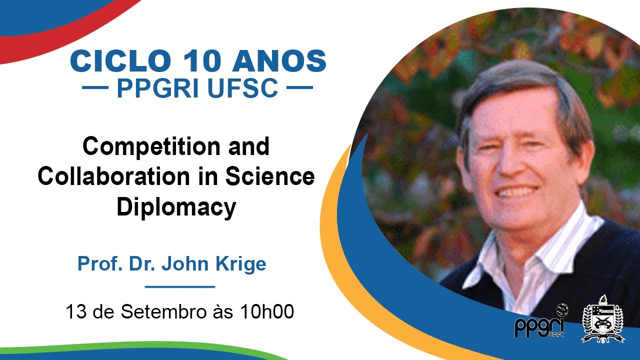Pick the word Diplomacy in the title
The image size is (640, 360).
(x=176, y=207)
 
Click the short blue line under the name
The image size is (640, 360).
(x=179, y=287)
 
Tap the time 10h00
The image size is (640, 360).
(x=266, y=312)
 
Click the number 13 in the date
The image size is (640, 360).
(x=75, y=312)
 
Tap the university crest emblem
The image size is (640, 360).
(x=603, y=320)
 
